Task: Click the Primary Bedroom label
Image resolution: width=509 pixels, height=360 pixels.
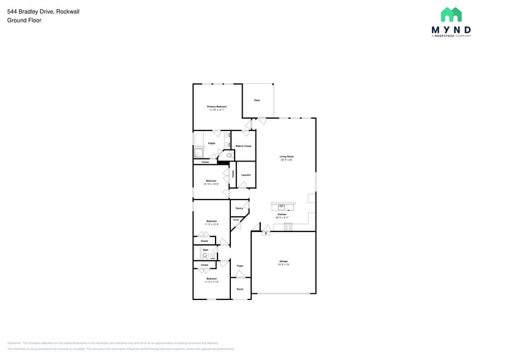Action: [216, 107]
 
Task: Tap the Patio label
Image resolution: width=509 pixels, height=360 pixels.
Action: [257, 100]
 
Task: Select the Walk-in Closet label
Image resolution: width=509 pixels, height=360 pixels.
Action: [243, 146]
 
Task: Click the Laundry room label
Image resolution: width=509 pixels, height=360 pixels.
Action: [246, 175]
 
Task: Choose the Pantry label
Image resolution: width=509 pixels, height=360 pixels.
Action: [239, 209]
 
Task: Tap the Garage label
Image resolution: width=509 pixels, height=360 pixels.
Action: [283, 261]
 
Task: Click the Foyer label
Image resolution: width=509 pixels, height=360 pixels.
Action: [240, 266]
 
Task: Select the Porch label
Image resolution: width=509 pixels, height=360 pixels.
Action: [240, 289]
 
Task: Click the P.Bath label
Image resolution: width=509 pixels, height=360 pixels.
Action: [211, 143]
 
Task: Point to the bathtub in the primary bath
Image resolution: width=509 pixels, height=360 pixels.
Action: [198, 140]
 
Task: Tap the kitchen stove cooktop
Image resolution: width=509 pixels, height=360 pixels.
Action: [288, 227]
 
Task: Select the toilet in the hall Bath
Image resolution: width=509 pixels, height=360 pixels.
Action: [205, 255]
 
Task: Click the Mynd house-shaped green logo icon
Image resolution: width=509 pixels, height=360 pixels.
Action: [451, 15]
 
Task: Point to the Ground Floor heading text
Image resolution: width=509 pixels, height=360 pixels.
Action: [25, 20]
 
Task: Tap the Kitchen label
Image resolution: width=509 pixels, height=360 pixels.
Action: [282, 214]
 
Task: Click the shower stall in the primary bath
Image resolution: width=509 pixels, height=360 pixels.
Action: [199, 154]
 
